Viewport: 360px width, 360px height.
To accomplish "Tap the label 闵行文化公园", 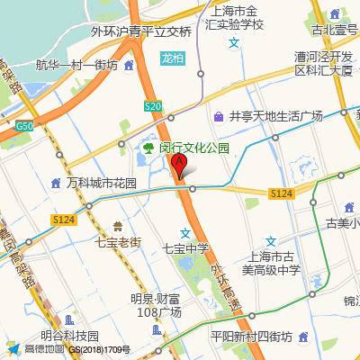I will click(x=194, y=148).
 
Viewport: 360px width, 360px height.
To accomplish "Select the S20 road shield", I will click(x=152, y=106).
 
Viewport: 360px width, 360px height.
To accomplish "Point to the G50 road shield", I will click(x=24, y=125).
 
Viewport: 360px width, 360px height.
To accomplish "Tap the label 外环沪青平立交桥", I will click(x=141, y=31).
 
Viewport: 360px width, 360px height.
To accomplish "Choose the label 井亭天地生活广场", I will click(x=275, y=116).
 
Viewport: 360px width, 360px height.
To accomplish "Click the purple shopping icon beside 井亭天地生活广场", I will click(x=219, y=116).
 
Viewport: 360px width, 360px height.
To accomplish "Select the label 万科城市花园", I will click(x=101, y=183).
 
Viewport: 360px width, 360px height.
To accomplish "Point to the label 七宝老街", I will click(x=118, y=242).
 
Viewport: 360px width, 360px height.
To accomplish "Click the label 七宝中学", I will click(x=185, y=248).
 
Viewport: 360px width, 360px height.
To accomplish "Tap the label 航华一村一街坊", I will click(x=76, y=65).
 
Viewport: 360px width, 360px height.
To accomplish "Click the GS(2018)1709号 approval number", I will click(x=101, y=349).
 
